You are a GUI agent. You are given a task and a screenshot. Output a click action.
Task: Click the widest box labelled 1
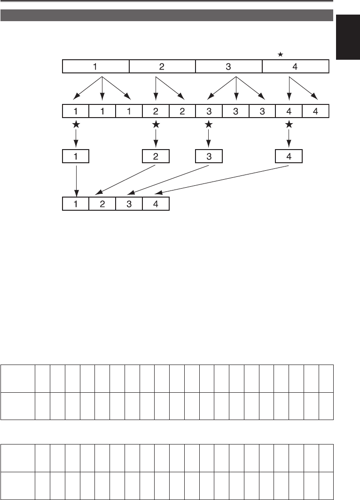pos(95,66)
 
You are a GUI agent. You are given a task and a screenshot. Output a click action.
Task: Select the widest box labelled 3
pos(228,66)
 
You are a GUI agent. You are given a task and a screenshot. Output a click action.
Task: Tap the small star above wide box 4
pos(280,55)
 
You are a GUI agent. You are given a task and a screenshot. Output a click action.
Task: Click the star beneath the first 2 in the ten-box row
pos(156,125)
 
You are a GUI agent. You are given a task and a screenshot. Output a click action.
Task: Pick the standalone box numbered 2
pos(156,157)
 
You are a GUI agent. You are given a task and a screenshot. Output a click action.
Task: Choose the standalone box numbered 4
pos(289,157)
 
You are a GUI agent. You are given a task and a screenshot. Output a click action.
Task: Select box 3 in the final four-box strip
pos(129,203)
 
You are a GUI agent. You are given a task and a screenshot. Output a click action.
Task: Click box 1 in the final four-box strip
pos(76,203)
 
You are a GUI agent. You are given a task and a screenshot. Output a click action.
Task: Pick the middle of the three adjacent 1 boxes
pos(102,111)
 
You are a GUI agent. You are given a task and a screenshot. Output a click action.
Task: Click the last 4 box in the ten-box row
pos(315,111)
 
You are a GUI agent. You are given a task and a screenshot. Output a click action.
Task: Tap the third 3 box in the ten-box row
pos(262,111)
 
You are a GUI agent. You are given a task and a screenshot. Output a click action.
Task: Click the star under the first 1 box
pos(76,125)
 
